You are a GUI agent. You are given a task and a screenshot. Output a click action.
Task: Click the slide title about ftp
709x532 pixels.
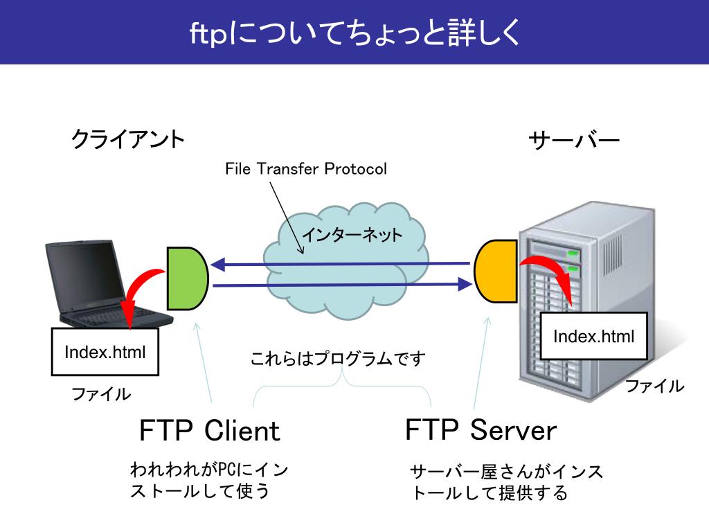coord(354,33)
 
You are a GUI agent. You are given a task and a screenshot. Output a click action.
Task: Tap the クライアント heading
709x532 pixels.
coord(128,139)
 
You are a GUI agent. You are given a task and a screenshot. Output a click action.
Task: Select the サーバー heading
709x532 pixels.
coord(574,140)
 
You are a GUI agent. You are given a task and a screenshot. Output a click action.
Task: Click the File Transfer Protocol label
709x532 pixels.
coord(306,169)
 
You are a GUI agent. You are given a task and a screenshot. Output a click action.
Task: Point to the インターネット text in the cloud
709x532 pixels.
coord(352,234)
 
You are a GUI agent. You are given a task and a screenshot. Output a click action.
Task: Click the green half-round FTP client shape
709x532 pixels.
coord(187,278)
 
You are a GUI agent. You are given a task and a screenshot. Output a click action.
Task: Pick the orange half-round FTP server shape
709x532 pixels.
coord(496,271)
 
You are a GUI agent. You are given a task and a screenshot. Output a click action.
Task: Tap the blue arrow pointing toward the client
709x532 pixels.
coord(340,264)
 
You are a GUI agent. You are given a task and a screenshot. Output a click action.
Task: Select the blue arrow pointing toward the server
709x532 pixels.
coord(342,285)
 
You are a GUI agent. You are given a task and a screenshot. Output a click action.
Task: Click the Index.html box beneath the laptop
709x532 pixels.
coord(105,352)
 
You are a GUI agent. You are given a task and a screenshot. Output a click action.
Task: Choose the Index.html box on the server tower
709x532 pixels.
coord(593,336)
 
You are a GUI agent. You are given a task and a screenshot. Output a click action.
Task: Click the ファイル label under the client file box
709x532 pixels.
coord(101,394)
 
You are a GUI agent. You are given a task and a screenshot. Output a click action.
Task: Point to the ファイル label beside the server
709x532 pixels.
coord(654,386)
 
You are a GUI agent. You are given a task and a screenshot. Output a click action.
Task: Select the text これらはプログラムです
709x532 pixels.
coord(338,358)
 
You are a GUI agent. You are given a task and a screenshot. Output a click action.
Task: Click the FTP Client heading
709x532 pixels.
coord(209,430)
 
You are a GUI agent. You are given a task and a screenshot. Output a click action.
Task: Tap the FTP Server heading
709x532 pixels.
coord(481,429)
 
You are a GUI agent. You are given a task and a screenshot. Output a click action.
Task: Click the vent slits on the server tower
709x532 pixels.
coord(613,254)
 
